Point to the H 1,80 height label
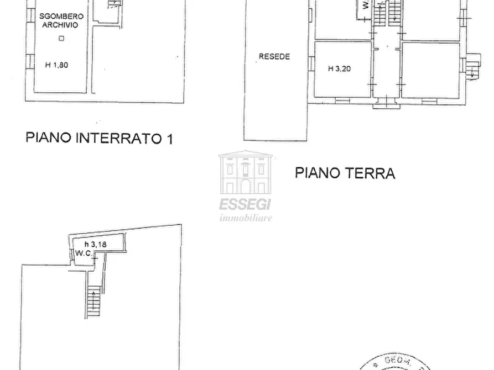(x=56, y=65)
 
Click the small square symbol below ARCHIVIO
(x=61, y=38)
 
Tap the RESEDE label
(x=274, y=56)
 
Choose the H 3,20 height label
(x=339, y=69)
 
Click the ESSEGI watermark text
(x=245, y=205)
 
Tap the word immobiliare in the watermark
(x=246, y=218)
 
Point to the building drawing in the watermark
(x=246, y=172)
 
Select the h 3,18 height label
(x=96, y=244)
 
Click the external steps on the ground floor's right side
(x=472, y=67)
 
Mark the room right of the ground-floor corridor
(x=430, y=70)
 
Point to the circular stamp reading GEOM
(x=398, y=362)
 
